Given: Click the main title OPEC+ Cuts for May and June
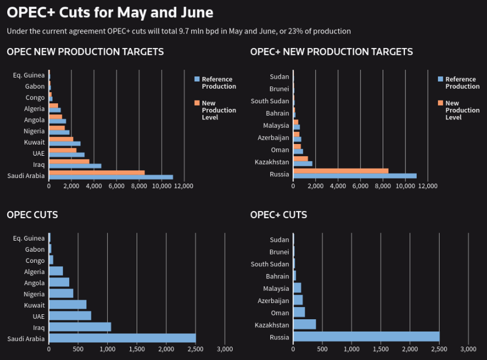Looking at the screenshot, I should (x=110, y=12).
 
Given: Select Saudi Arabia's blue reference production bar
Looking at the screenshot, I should (x=111, y=177).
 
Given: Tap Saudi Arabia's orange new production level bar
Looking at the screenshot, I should (x=97, y=172).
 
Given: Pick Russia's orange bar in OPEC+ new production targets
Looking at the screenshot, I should (x=340, y=171).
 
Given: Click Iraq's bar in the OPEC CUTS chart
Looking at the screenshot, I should (x=80, y=327).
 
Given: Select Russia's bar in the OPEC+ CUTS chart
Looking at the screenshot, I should (x=366, y=337).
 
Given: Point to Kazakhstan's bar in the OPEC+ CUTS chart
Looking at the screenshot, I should (x=305, y=324).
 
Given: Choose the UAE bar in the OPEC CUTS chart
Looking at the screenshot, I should (x=70, y=315).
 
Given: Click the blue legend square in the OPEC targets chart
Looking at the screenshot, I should (x=197, y=79).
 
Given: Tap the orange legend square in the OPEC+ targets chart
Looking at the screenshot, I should (x=441, y=103).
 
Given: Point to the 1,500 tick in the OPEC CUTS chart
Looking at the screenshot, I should (x=137, y=349).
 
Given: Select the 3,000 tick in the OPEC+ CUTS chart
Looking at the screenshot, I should (x=468, y=349).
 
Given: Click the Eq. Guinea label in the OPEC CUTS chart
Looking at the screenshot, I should (x=29, y=239).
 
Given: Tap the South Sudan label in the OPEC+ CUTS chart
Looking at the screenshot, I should (x=270, y=264).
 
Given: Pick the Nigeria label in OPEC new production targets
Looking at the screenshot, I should (x=34, y=131).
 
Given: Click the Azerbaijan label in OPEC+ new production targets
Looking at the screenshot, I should (x=273, y=137).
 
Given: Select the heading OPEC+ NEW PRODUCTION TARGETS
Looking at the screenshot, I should (x=331, y=52).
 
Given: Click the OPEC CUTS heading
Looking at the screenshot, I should (x=32, y=215).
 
